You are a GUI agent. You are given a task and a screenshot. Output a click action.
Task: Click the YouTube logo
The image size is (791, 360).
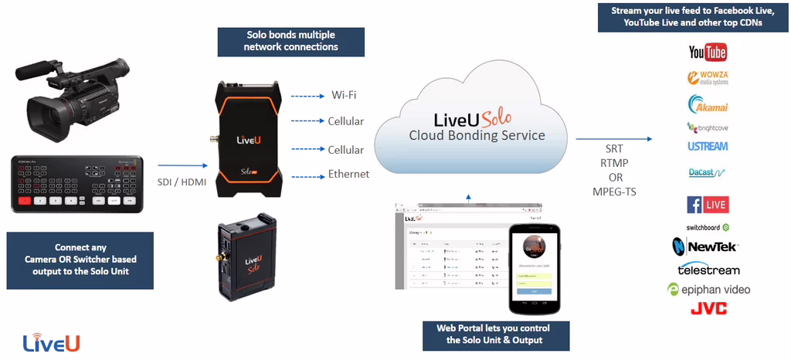708,53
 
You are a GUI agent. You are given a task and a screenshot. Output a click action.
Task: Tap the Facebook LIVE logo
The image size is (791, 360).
708,205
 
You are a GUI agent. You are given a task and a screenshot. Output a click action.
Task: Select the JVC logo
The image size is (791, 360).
708,309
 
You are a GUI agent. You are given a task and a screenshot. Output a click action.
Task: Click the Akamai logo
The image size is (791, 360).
708,104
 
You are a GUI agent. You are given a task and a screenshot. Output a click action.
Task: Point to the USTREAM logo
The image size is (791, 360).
708,146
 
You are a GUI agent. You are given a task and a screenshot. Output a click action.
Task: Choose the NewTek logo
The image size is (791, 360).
705,247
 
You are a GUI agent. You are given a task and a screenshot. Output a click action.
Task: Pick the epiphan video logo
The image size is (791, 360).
708,290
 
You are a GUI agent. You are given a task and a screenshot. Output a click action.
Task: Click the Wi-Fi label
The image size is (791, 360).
345,96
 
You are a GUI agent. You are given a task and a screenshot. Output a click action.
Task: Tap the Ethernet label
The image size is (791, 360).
348,174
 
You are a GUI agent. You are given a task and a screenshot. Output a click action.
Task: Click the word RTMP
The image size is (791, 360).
614,162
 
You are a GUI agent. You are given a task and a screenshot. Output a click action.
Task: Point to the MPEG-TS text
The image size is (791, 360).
614,192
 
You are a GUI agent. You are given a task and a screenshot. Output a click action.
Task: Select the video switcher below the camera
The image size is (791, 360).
77,184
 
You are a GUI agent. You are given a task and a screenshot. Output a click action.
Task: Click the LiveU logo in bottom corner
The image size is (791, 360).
51,341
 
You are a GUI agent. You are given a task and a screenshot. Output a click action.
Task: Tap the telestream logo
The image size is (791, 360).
708,270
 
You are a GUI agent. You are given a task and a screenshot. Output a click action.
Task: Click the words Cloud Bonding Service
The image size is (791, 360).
477,136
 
